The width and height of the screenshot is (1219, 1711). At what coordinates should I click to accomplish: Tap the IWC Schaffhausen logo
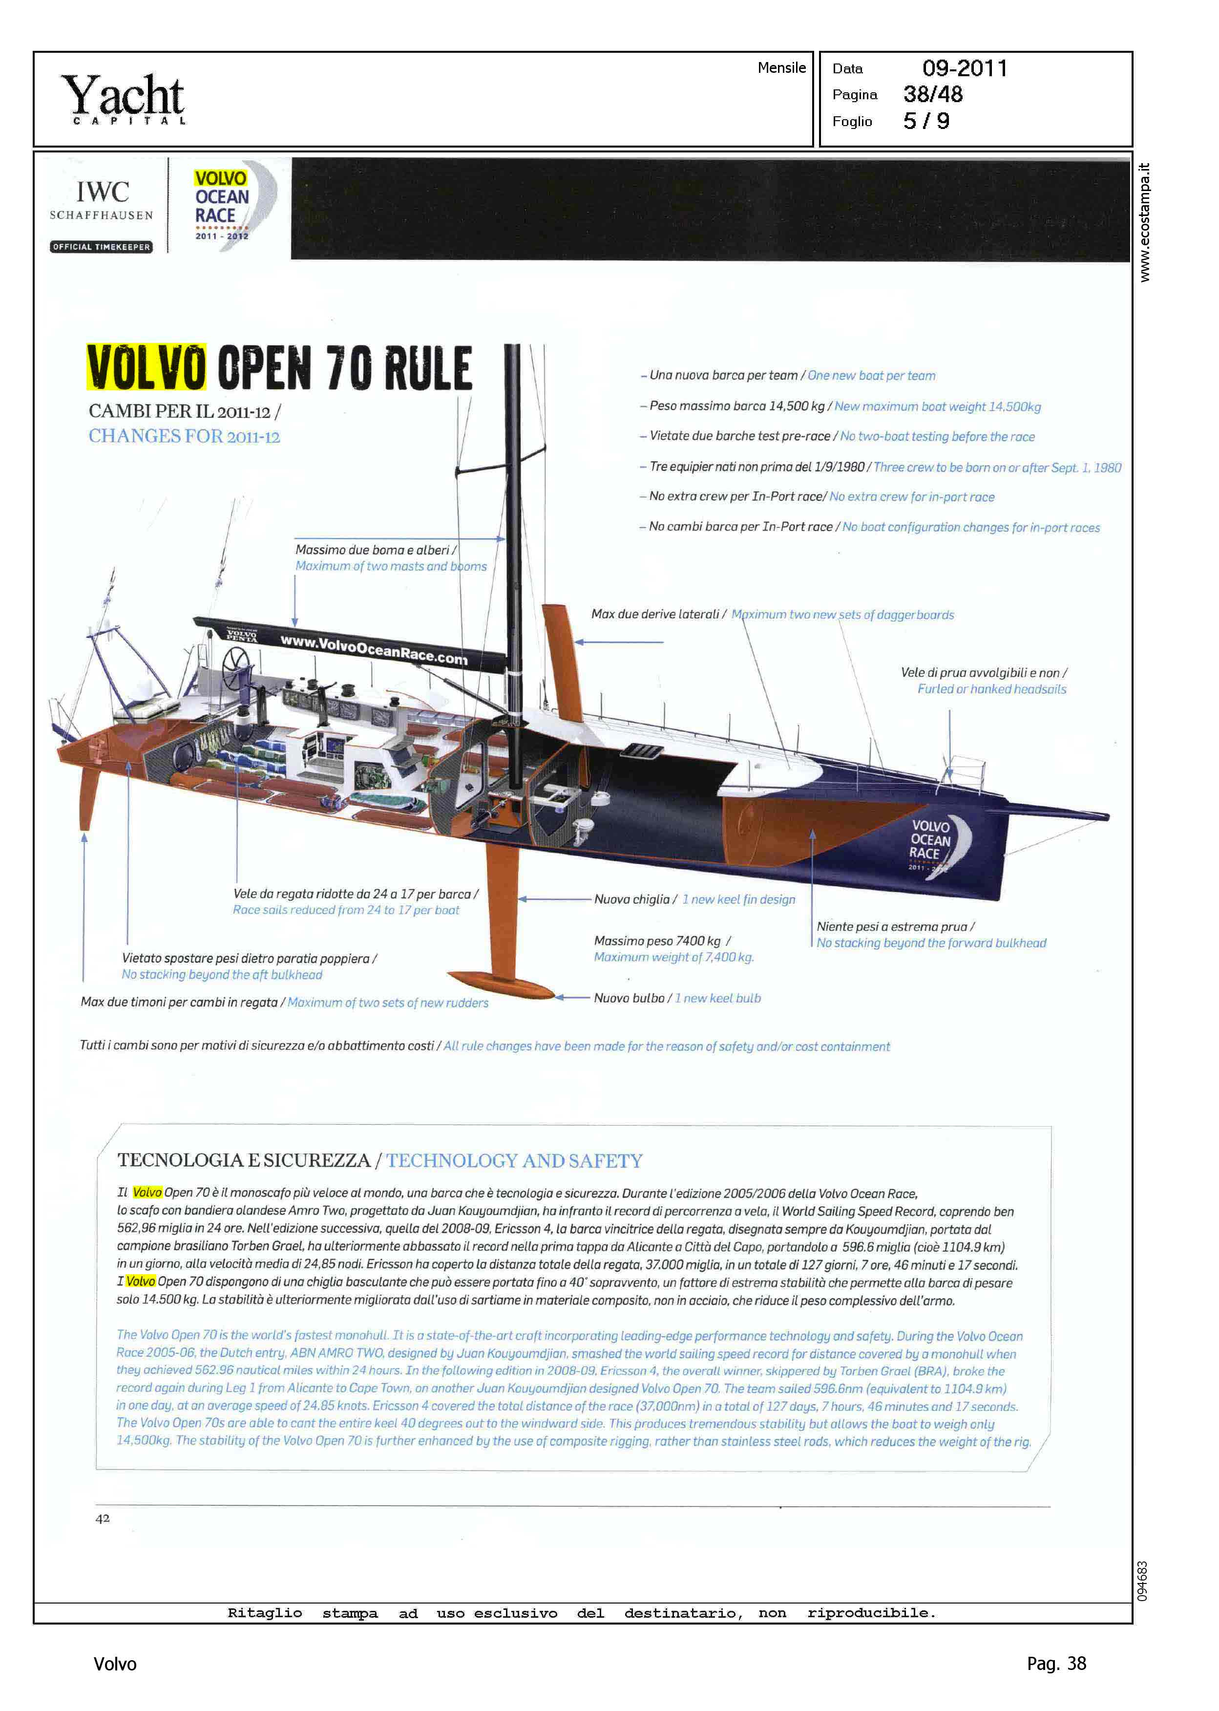coord(102,199)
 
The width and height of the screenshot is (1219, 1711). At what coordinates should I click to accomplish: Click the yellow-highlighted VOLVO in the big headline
coord(147,368)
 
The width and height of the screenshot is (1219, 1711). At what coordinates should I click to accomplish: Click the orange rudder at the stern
coord(88,796)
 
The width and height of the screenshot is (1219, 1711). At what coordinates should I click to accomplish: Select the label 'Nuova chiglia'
coord(631,899)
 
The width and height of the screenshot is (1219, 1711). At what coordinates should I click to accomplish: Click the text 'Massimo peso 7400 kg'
coord(657,941)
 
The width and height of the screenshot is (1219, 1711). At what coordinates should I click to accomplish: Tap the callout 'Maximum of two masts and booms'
coord(390,566)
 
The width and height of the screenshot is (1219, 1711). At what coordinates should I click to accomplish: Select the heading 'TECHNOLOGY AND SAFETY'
coord(514,1161)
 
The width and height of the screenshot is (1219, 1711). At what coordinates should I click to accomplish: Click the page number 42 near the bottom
coord(103,1518)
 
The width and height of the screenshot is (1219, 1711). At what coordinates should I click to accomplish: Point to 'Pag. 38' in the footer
coord(1055,1664)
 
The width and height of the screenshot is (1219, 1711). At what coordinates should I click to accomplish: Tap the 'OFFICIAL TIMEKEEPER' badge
coord(101,247)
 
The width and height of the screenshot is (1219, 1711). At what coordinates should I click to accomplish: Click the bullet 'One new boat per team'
coord(871,375)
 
